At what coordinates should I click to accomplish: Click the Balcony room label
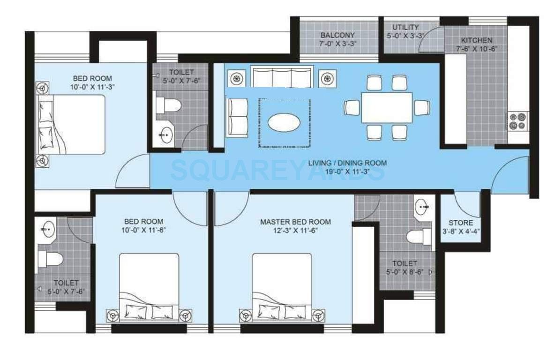(338, 35)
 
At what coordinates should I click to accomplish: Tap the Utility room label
(406, 27)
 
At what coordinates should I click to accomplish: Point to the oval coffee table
(284, 123)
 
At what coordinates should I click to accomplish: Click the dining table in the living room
(387, 108)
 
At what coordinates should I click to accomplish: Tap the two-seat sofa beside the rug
(237, 117)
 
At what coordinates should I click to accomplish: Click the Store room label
(461, 223)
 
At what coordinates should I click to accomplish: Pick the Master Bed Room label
(295, 222)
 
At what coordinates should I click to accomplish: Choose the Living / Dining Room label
(347, 163)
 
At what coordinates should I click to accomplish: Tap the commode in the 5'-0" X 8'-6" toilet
(418, 236)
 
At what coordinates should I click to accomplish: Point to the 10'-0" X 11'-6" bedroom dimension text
(143, 230)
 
